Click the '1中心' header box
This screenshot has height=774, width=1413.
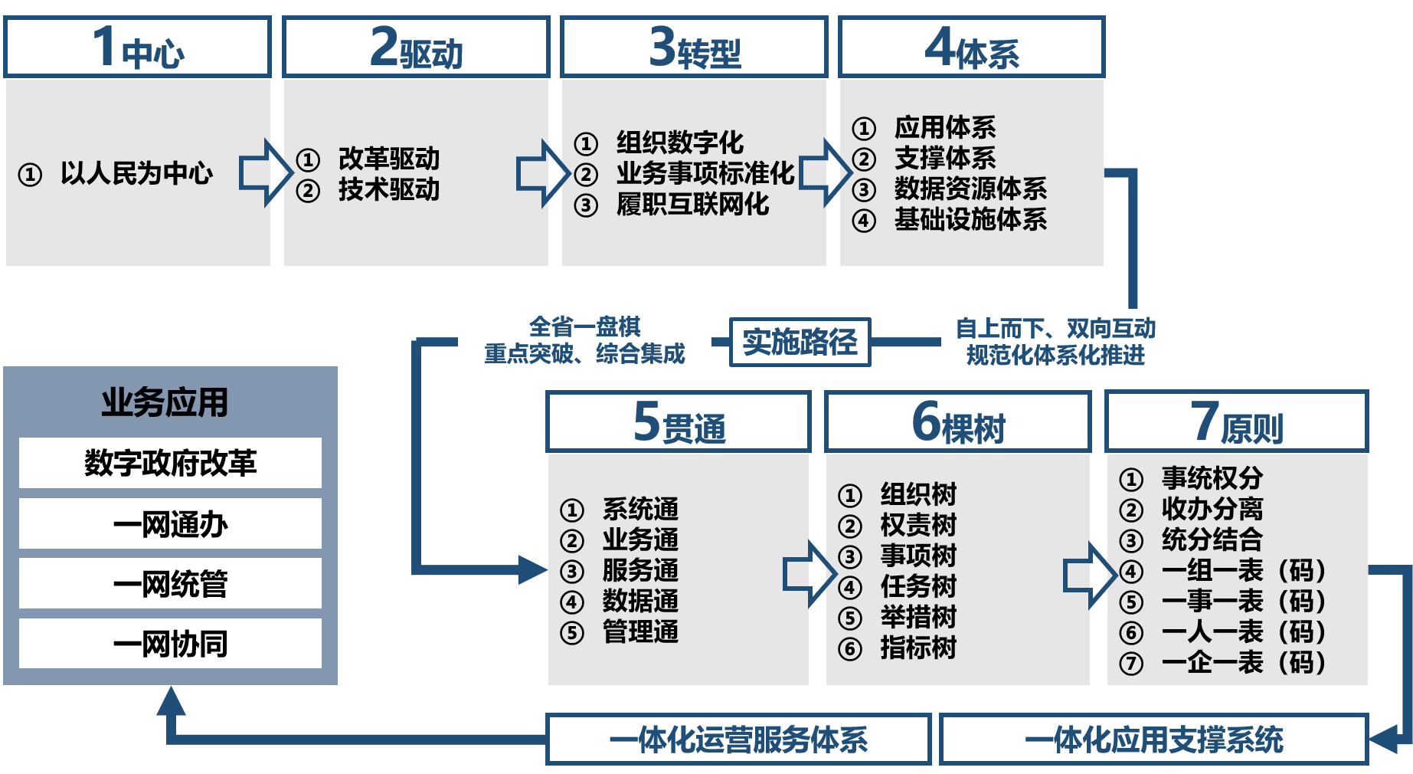(138, 48)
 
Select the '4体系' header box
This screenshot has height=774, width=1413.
(972, 48)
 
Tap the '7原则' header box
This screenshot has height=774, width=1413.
(1237, 422)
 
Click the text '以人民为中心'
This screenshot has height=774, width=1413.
(136, 174)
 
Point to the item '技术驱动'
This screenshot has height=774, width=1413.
(389, 189)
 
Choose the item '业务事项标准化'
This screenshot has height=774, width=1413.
(705, 174)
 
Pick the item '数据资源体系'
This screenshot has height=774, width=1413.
(970, 189)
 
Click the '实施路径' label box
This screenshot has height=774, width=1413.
(800, 342)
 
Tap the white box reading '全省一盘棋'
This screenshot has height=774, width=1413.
(584, 340)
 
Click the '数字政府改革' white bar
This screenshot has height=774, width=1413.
(170, 463)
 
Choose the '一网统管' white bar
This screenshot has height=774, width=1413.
(170, 584)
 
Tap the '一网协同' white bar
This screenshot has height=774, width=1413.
(170, 644)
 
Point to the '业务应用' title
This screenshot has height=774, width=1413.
(165, 402)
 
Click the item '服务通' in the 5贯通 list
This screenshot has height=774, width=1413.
(640, 571)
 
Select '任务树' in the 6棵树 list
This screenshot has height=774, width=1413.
(918, 586)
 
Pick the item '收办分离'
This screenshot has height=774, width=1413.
(1212, 509)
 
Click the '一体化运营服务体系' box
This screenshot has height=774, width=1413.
(738, 740)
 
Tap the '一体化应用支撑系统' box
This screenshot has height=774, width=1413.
(1153, 740)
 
